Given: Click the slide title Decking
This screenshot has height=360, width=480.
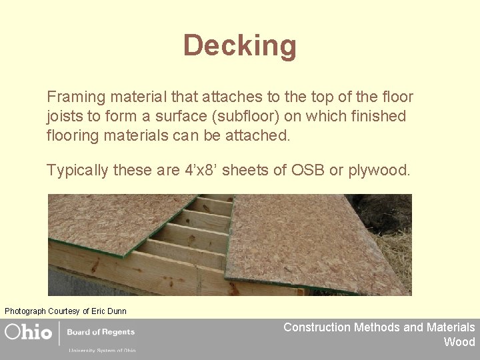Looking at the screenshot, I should click(x=239, y=45).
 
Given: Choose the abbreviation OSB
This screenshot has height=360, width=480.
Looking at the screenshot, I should click(x=309, y=170).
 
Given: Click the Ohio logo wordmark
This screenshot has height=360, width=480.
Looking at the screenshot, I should click(x=29, y=332).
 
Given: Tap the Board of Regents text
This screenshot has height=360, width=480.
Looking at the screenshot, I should click(x=101, y=332).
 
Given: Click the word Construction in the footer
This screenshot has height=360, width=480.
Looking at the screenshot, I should click(x=317, y=327).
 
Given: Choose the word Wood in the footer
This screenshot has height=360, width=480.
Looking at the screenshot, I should click(x=459, y=342).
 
